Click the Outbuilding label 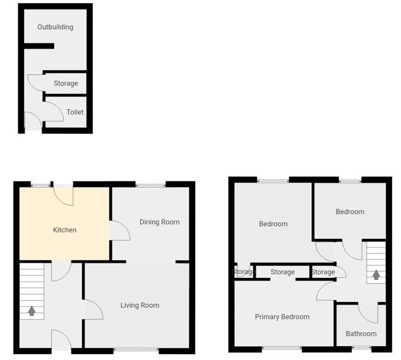[55, 27]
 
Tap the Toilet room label [75, 112]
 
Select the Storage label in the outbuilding [66, 83]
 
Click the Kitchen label [64, 230]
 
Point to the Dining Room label [159, 222]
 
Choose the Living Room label [140, 305]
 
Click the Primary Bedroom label [282, 316]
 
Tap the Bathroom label [361, 333]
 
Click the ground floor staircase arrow [32, 311]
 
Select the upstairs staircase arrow [376, 275]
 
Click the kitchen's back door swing [64, 195]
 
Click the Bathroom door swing [368, 313]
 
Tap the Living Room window [136, 349]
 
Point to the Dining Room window [150, 184]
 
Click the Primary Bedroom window [282, 348]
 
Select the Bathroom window [361, 348]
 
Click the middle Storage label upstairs [282, 272]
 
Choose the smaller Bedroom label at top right [350, 212]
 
